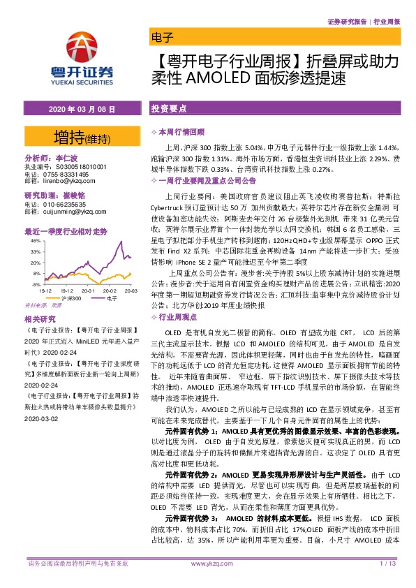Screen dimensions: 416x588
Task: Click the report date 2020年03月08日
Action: point(77,110)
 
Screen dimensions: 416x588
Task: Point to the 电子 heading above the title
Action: point(161,38)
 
